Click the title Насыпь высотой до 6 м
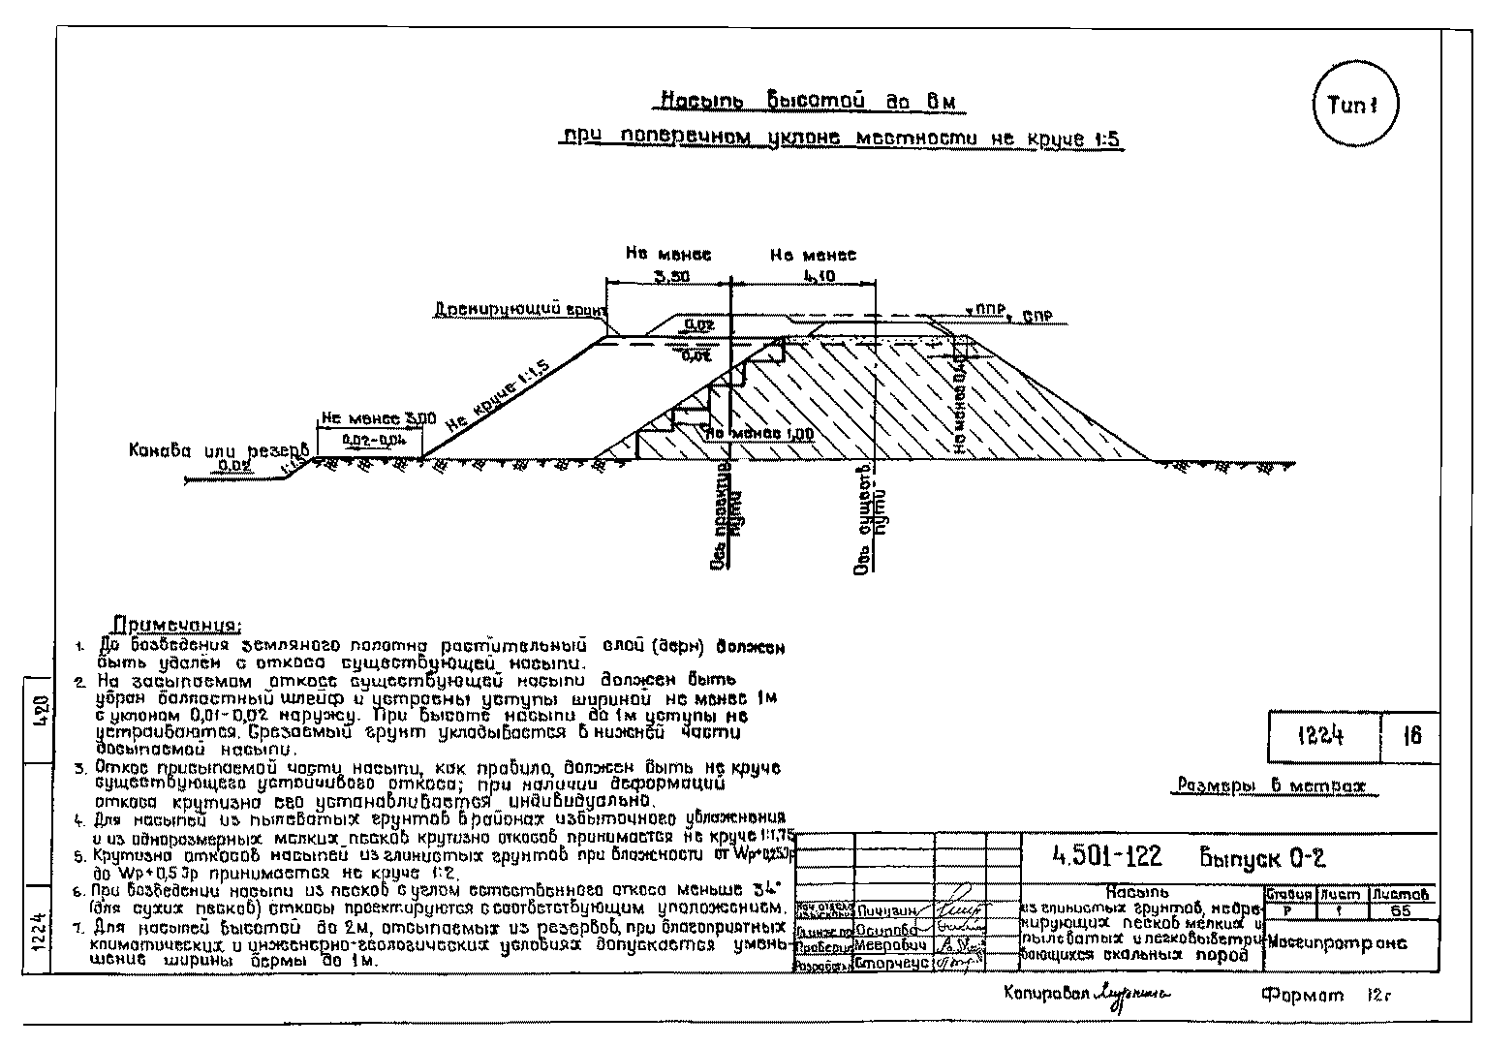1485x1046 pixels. pyautogui.click(x=812, y=101)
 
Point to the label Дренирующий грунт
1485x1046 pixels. pyautogui.click(x=519, y=309)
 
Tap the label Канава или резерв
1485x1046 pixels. pyautogui.click(x=219, y=451)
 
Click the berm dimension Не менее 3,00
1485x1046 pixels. pyautogui.click(x=378, y=418)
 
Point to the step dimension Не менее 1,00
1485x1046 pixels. pyautogui.click(x=759, y=434)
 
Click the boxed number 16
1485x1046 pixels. pyautogui.click(x=1411, y=736)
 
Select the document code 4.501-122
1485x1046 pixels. pyautogui.click(x=1106, y=856)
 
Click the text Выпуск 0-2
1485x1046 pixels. pyautogui.click(x=1262, y=857)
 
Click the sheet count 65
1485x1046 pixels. pyautogui.click(x=1400, y=910)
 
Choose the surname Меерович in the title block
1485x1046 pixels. pyautogui.click(x=892, y=945)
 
